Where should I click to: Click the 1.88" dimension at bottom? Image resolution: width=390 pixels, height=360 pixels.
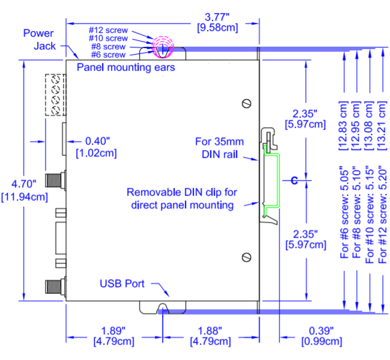(x=209, y=331)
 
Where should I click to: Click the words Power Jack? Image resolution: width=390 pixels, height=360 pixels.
(x=39, y=39)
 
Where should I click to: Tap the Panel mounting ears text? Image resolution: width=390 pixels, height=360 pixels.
(x=126, y=67)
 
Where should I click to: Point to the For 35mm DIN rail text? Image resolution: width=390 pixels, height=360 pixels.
(x=216, y=148)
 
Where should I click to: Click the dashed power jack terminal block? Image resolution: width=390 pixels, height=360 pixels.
(x=55, y=95)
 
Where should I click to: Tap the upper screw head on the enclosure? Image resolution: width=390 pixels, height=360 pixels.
(x=246, y=103)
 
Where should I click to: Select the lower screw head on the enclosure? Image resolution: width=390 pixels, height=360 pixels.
(x=246, y=257)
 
